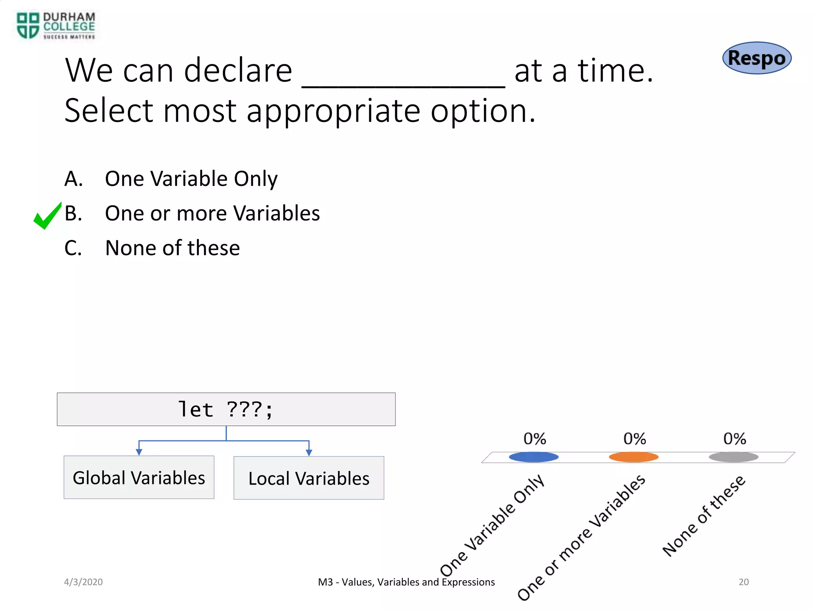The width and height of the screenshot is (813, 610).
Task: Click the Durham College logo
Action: (56, 26)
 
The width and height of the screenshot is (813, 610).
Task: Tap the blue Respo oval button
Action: (757, 58)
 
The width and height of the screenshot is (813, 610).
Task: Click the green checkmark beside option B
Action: (47, 216)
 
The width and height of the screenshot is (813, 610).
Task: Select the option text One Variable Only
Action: (191, 179)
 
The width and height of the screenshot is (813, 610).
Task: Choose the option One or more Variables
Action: (212, 213)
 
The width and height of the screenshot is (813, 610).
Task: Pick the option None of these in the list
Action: (172, 248)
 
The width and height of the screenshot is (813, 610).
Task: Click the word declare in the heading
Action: (238, 71)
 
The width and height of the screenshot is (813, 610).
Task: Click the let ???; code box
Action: (226, 409)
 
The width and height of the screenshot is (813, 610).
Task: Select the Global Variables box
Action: (139, 477)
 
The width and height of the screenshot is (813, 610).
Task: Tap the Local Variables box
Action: (309, 478)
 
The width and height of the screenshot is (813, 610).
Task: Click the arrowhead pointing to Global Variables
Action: (139, 452)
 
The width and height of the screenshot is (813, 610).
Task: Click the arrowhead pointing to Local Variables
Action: (309, 452)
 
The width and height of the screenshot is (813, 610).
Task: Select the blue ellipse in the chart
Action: (534, 457)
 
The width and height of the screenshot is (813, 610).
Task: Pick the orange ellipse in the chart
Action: (634, 457)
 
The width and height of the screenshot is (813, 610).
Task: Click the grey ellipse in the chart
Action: (734, 457)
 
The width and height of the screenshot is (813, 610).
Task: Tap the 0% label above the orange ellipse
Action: (634, 439)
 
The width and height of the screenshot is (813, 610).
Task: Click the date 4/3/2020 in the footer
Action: (83, 582)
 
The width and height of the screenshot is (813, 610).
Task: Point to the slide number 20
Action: (744, 582)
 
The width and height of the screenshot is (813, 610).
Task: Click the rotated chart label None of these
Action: (704, 516)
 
